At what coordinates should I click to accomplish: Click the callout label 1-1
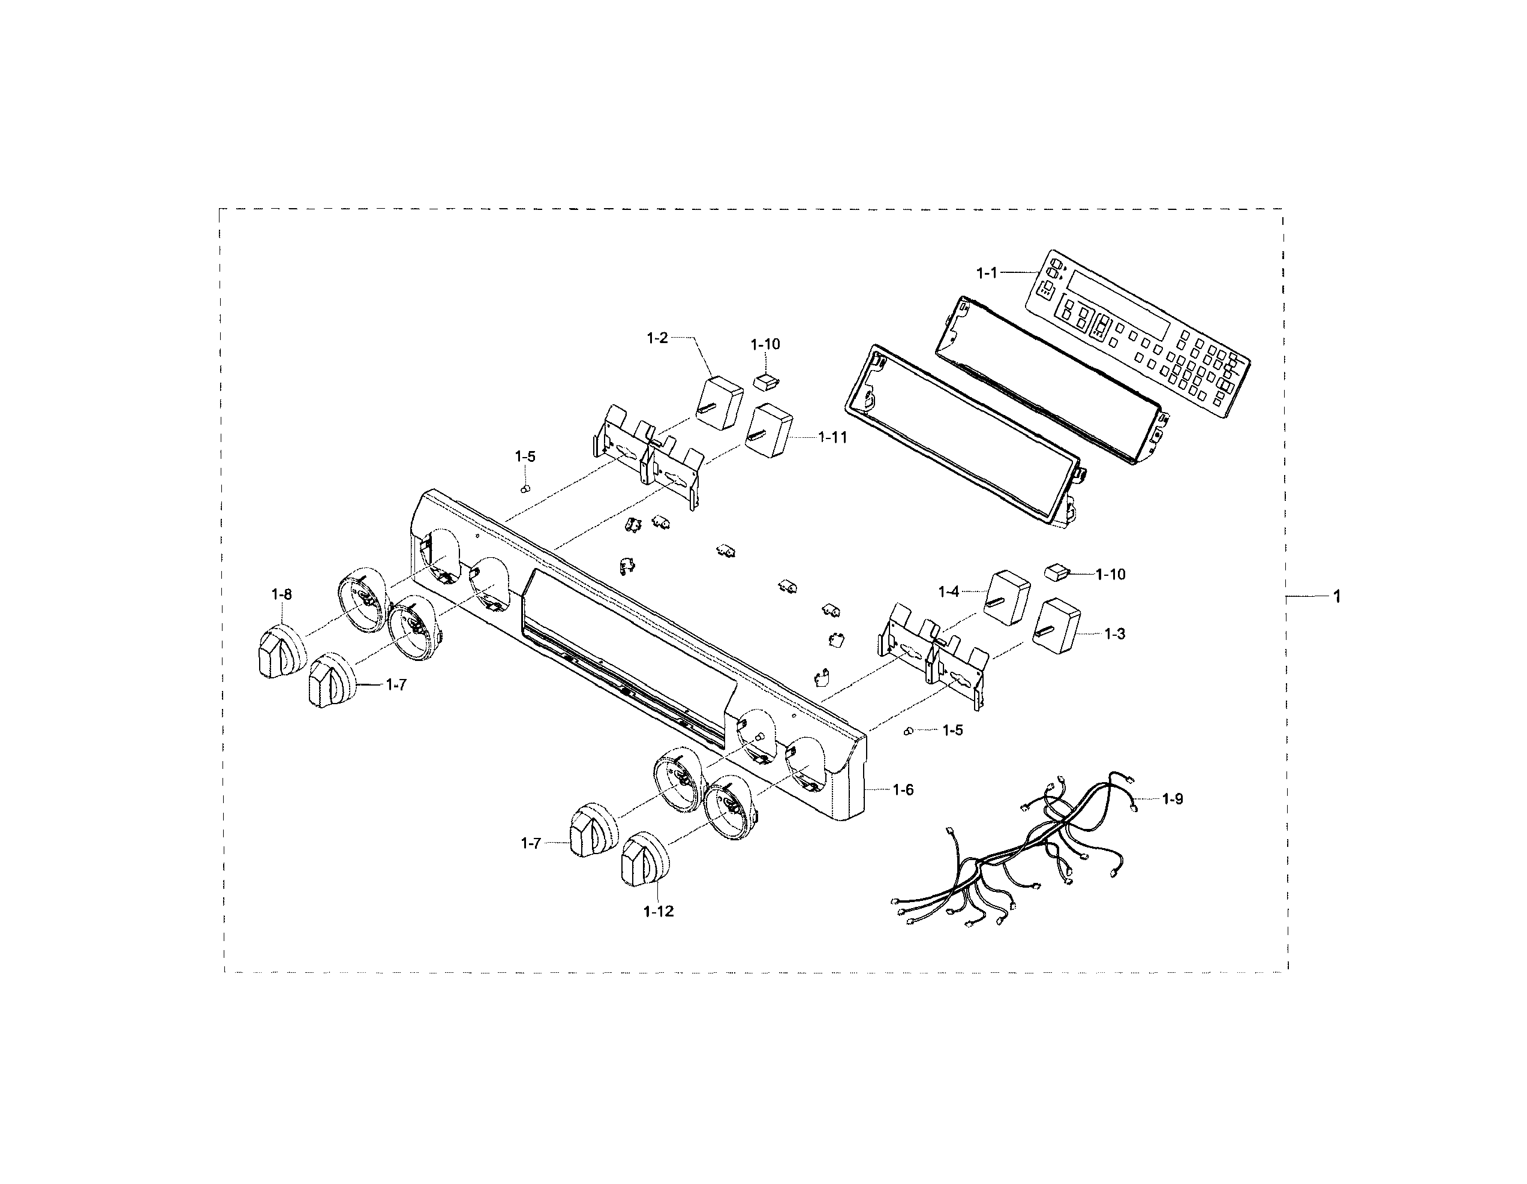click(x=987, y=273)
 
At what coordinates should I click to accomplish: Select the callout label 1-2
click(x=657, y=338)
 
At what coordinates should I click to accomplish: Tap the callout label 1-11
click(x=832, y=437)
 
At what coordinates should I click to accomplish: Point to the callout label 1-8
click(x=282, y=594)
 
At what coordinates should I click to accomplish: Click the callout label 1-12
click(x=659, y=911)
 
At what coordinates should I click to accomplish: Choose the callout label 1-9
click(x=1173, y=799)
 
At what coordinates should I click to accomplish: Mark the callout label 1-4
click(x=949, y=593)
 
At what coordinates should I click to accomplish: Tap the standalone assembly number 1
click(x=1337, y=597)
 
